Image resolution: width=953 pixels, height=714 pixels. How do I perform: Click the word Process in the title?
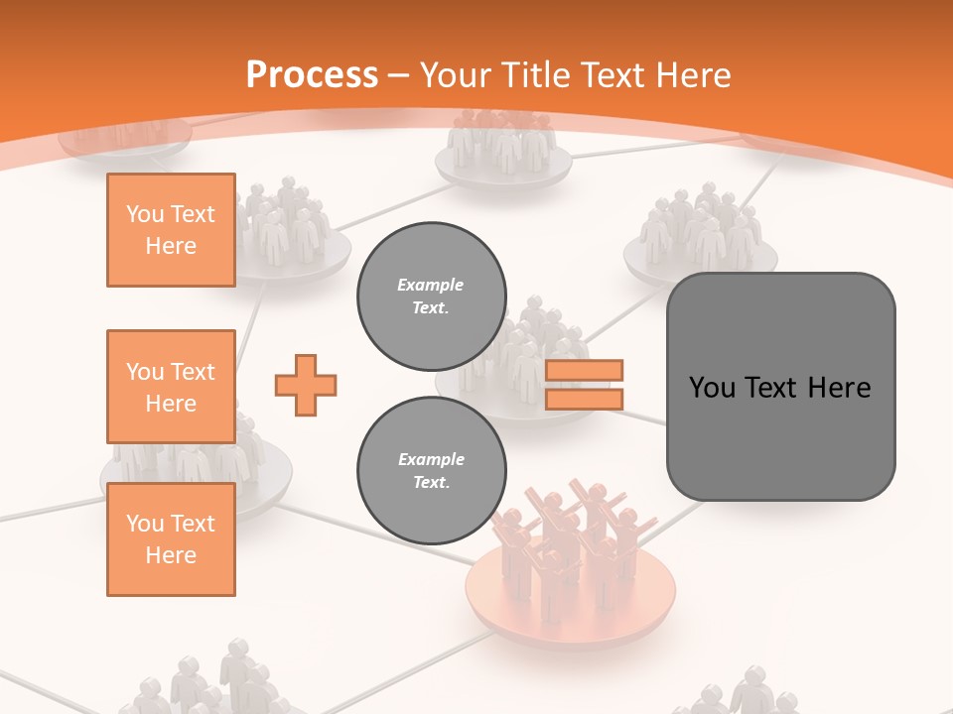[x=312, y=75]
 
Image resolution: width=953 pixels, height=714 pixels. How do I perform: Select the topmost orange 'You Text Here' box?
[x=171, y=230]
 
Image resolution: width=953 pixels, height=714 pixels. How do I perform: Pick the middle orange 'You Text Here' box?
[x=171, y=387]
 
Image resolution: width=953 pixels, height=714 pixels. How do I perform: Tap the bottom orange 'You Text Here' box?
[x=171, y=539]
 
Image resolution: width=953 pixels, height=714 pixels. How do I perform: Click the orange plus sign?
[x=306, y=386]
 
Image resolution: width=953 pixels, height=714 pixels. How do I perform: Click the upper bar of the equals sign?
[x=584, y=371]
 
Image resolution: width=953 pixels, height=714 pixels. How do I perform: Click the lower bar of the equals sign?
[x=584, y=399]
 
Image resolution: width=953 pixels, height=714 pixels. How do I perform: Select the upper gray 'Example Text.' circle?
[x=431, y=297]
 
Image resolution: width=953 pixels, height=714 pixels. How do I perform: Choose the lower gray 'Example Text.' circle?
[x=431, y=471]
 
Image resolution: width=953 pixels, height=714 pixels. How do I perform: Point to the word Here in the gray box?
[x=839, y=388]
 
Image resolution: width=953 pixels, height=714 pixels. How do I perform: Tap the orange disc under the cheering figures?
[x=571, y=605]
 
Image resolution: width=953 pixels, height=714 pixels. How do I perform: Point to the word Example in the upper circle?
[x=431, y=285]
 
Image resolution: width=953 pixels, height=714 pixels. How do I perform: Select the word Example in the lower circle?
[x=431, y=459]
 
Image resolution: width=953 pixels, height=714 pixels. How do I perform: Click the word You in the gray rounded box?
[x=712, y=388]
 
